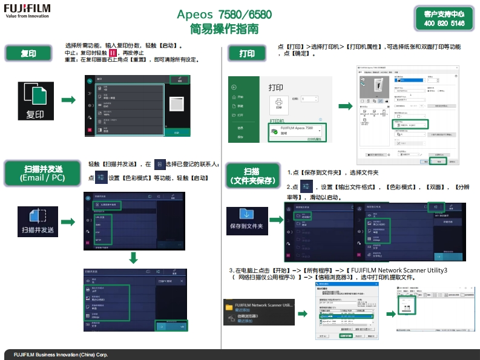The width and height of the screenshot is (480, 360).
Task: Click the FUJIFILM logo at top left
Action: tap(27, 10)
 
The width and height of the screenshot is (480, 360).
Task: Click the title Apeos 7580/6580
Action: tap(224, 15)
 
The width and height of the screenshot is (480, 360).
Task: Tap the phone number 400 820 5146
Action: tap(444, 24)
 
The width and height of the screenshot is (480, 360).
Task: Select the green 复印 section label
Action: tap(28, 53)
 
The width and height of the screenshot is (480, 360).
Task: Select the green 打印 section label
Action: tap(247, 53)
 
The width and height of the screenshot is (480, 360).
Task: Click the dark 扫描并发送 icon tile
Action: tap(38, 220)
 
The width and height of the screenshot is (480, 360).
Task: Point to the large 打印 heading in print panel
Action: tap(275, 88)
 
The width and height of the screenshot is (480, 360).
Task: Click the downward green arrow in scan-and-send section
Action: tap(134, 257)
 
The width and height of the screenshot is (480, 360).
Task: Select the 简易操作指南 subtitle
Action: tap(224, 28)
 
